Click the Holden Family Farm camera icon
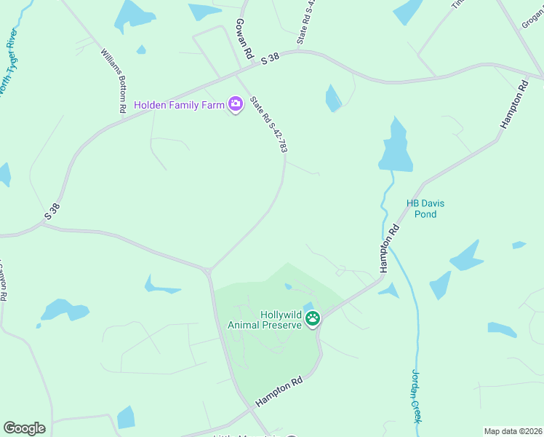pyautogui.click(x=235, y=104)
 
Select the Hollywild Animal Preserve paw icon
pyautogui.click(x=313, y=318)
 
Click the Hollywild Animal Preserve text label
pyautogui.click(x=265, y=320)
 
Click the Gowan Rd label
pyautogui.click(x=244, y=39)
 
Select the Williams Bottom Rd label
pyautogui.click(x=114, y=80)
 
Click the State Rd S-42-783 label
pyautogui.click(x=269, y=124)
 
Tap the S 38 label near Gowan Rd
pyautogui.click(x=270, y=60)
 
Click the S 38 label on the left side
pyautogui.click(x=52, y=211)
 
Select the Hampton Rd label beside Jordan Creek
pyautogui.click(x=389, y=248)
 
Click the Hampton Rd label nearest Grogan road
pyautogui.click(x=513, y=105)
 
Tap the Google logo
pyautogui.click(x=24, y=428)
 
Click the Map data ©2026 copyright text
pyautogui.click(x=512, y=431)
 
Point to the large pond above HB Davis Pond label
pyautogui.click(x=395, y=147)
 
